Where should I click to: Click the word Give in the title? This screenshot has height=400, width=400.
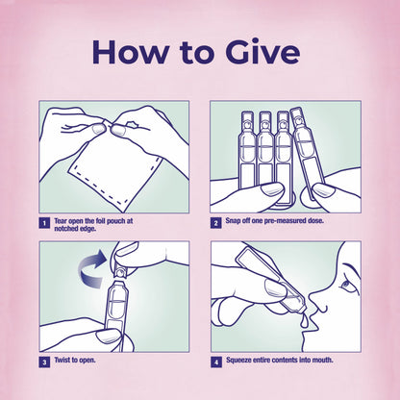point(262,52)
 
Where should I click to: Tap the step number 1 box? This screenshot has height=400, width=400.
point(44,223)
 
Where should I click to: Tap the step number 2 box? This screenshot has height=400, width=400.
point(215,223)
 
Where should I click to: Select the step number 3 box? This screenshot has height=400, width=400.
point(44,362)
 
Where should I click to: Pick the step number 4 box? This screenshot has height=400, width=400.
point(216,362)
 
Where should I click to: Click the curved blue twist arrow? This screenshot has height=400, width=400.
point(91,268)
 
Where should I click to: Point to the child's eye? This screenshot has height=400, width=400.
point(347,286)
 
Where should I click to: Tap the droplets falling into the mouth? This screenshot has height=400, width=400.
point(305,321)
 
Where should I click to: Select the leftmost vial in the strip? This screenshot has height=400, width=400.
point(247,150)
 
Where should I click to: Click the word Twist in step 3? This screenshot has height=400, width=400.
point(62,360)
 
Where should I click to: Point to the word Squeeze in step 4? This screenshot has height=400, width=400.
point(238,361)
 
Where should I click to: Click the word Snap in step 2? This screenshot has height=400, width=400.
point(233,221)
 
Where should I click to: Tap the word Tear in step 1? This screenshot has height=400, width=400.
point(61,221)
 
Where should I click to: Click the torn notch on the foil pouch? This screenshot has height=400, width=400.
point(132,124)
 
